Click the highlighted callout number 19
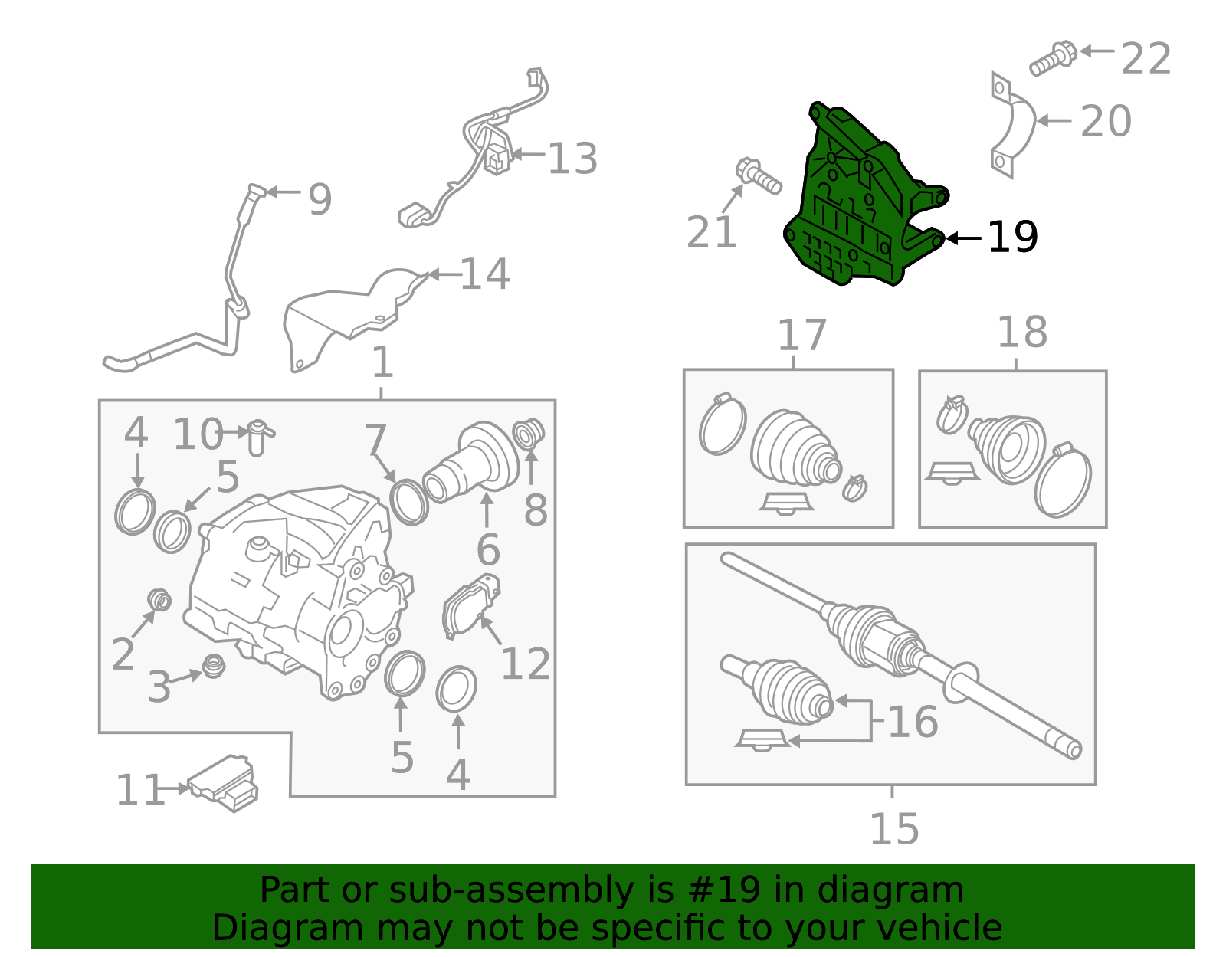pos(1013,238)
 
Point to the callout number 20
pos(1105,121)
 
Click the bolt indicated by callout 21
pos(759,176)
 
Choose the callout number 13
pos(572,159)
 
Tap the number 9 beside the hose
pos(320,199)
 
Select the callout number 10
pos(198,434)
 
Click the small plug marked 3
pos(214,666)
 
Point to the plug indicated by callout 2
pos(159,600)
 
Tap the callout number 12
pos(526,664)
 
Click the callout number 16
pos(913,722)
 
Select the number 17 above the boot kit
pos(801,335)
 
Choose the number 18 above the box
pos(1022,333)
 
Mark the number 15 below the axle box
pos(894,829)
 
